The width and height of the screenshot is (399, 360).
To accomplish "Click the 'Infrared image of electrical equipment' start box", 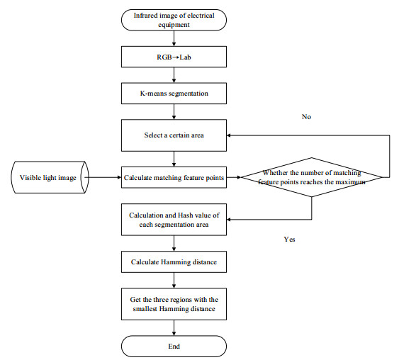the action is pos(174,20).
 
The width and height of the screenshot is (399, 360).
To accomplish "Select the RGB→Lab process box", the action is pos(174,57).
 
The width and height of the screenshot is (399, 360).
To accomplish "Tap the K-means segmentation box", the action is pos(174,94).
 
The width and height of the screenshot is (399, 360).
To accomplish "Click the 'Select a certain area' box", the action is pos(174,135).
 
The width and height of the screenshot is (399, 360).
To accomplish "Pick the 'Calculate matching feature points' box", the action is pos(174,177).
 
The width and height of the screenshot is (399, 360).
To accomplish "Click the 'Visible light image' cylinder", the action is pos(50,177).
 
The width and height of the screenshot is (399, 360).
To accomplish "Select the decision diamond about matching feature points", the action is pos(312,177).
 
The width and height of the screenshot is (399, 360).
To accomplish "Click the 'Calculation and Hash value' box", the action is pos(174,220).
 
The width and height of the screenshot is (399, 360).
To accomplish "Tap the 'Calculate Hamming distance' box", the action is pos(174,261).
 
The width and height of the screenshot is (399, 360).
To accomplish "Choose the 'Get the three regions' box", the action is pos(174,304).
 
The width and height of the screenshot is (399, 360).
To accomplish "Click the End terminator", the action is pos(174,347).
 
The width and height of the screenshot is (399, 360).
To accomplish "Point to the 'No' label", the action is pos(306,117).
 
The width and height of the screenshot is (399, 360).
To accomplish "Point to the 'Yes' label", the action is pos(290,239).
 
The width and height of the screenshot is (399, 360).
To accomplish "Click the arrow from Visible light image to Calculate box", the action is pos(103,177).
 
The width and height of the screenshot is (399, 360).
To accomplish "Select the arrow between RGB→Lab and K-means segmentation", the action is pos(174,75).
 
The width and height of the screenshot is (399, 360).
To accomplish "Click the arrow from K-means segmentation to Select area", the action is pos(174,112).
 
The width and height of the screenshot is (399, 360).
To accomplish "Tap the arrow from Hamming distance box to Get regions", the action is pos(174,281).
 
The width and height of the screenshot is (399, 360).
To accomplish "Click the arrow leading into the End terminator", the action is pos(174,328).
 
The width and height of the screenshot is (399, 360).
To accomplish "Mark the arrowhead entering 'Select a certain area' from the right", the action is pos(228,135).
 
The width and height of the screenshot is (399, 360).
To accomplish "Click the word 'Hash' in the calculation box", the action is pos(185,215).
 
